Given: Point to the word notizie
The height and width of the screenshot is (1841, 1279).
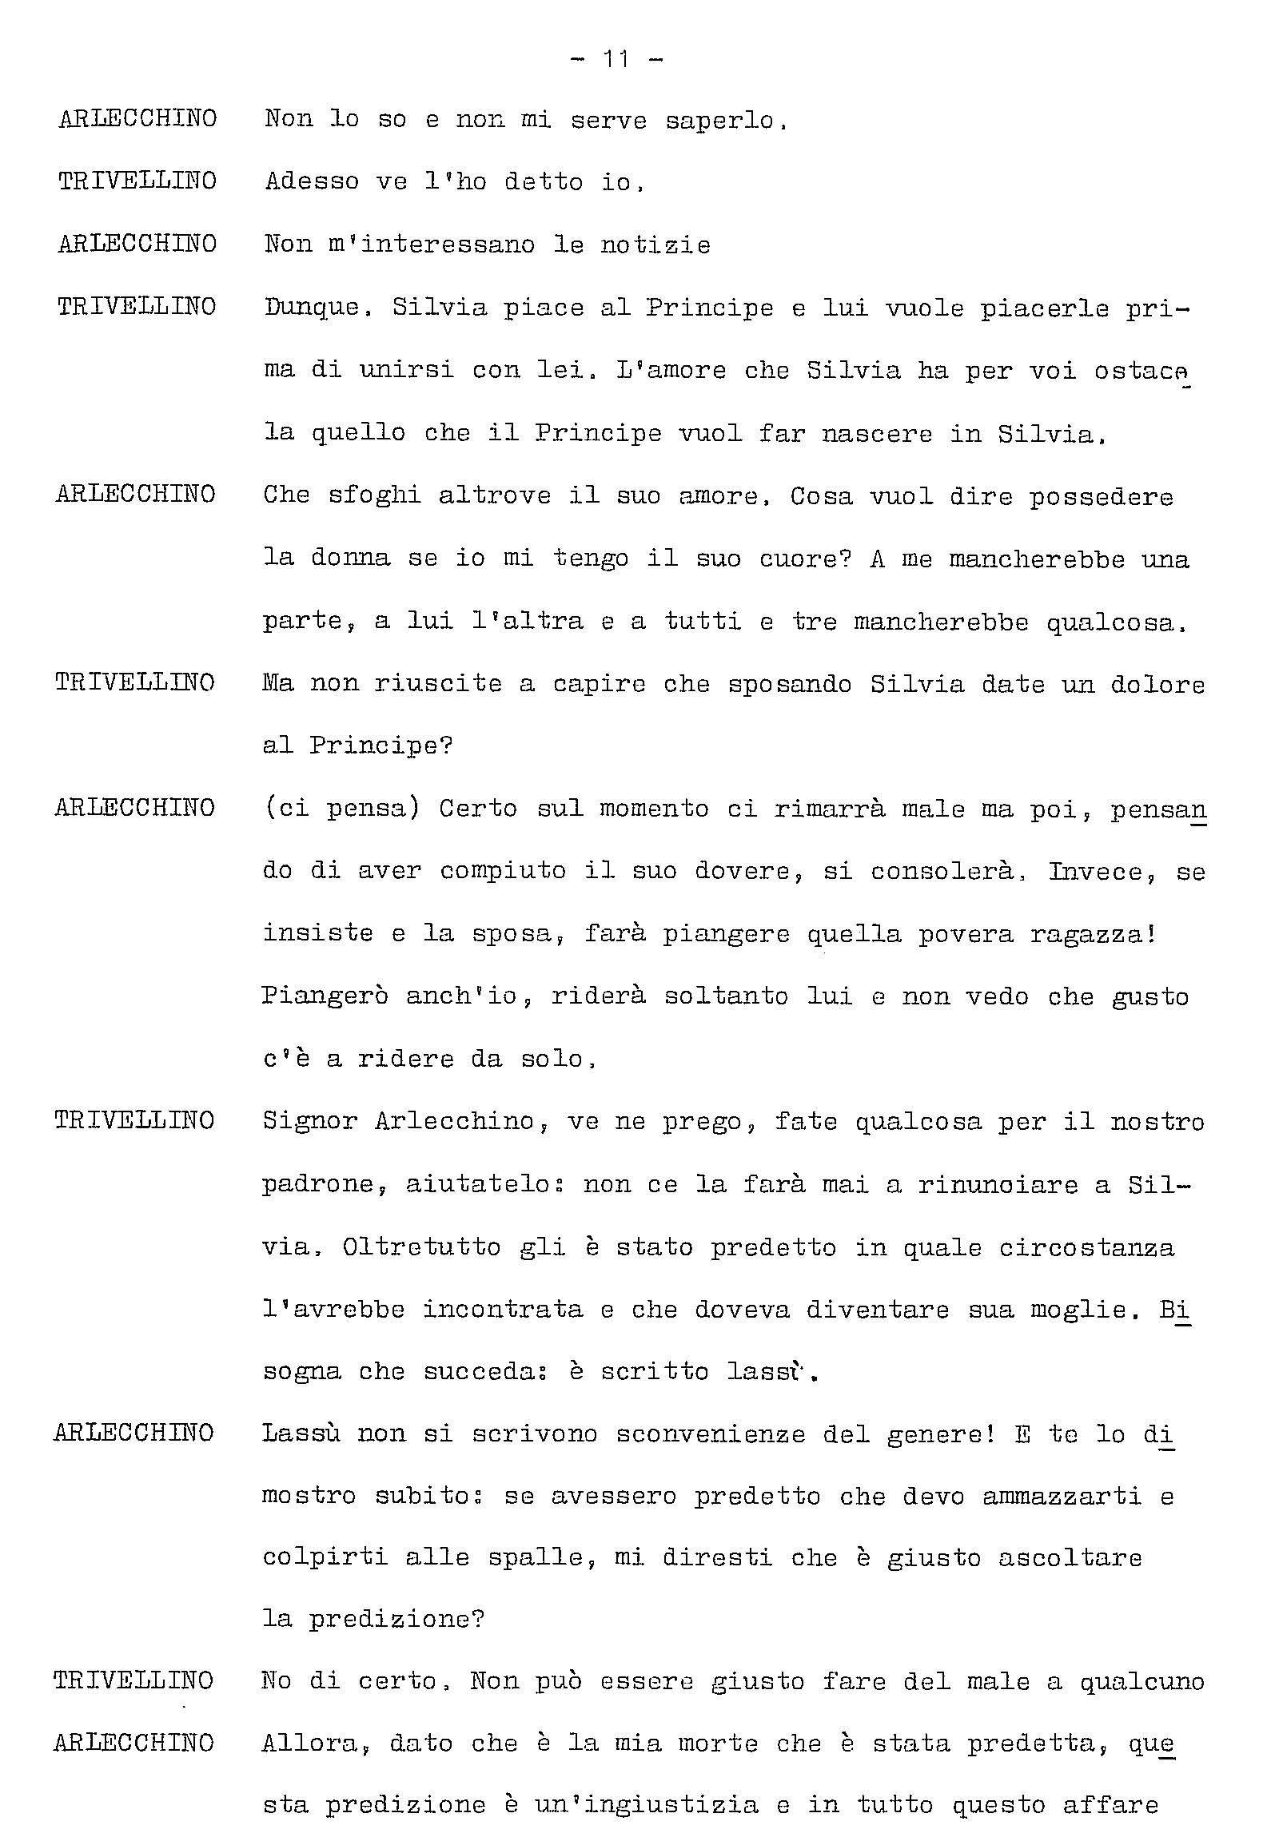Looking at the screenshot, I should pyautogui.click(x=655, y=245).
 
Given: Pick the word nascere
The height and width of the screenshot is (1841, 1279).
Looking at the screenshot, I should pyautogui.click(x=877, y=434).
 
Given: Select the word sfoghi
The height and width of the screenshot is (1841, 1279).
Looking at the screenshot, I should pyautogui.click(x=374, y=496).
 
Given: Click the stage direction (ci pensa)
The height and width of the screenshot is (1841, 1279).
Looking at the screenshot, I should pyautogui.click(x=341, y=809).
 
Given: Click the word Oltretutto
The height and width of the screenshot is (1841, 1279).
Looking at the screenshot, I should pyautogui.click(x=421, y=1247).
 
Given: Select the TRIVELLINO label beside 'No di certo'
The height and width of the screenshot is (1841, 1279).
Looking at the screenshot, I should pyautogui.click(x=133, y=1680).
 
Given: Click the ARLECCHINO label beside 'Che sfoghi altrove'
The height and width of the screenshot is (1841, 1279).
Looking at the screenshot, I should pyautogui.click(x=135, y=495).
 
